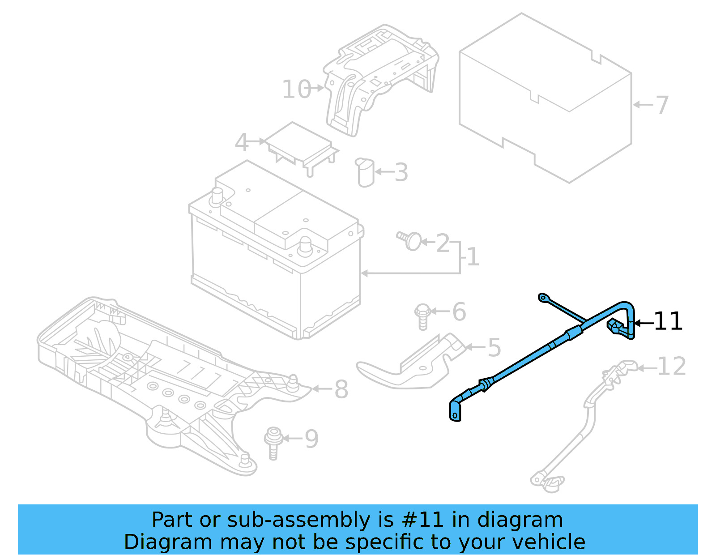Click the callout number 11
668,321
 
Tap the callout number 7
662,105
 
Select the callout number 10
296,89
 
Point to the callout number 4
242,142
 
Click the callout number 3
401,172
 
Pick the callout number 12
672,367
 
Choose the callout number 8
341,389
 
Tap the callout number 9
311,439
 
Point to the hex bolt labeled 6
422,316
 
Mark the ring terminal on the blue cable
543,297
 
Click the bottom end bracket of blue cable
455,411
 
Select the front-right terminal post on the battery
305,246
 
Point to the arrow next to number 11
644,322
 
